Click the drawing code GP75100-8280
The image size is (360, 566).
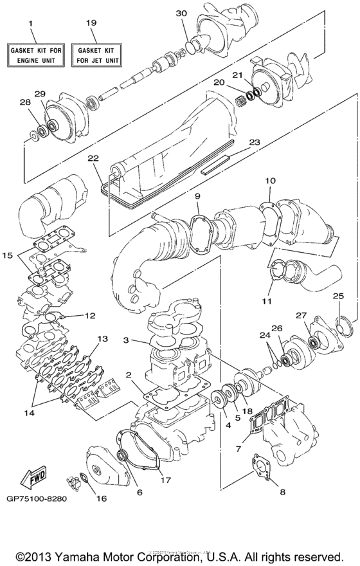(38, 497)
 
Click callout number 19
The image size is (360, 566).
(92, 23)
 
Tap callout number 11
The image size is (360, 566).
(266, 301)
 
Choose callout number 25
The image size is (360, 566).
(338, 296)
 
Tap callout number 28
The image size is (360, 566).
(25, 102)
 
